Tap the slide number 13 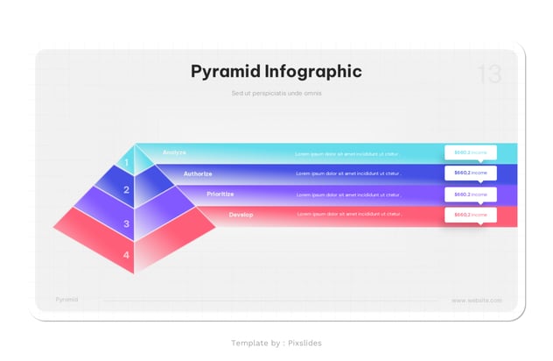(489, 75)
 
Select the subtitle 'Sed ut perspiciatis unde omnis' (276, 93)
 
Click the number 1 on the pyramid (126, 162)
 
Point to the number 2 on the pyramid (126, 190)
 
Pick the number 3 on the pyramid (126, 224)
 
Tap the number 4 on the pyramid (126, 255)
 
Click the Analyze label (174, 152)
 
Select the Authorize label (198, 173)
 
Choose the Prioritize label (220, 194)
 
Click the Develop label (241, 215)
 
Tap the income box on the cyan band (470, 152)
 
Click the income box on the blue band (470, 173)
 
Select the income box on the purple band (470, 195)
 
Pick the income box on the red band (470, 215)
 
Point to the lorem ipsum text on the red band (349, 214)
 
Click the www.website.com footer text (477, 301)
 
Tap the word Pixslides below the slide (304, 343)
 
